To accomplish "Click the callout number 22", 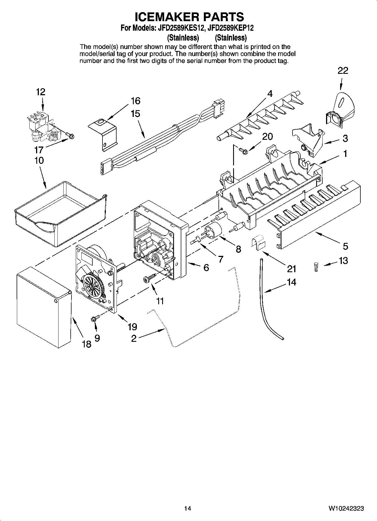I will pos(343,71).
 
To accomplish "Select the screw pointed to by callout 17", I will pos(71,136).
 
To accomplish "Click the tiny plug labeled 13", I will pos(316,267).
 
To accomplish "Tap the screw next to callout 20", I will pos(242,151).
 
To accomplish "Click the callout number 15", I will pos(135,114).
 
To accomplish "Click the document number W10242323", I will pos(346,508).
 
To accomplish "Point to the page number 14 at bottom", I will pos(188,508).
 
